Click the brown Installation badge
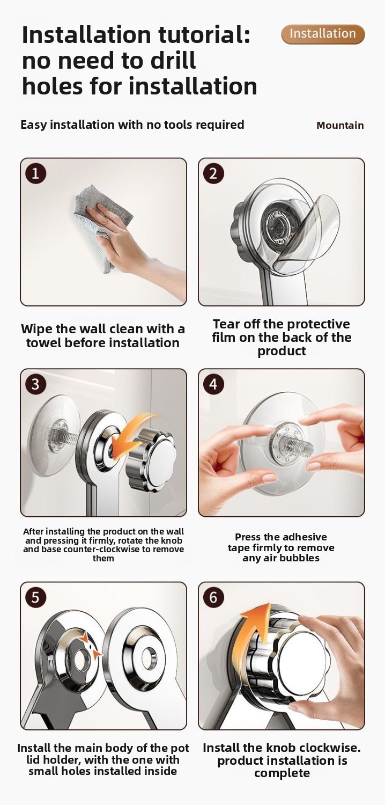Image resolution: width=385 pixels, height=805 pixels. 322,34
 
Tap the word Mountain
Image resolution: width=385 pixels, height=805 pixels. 340,126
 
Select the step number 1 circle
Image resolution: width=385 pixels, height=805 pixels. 35,173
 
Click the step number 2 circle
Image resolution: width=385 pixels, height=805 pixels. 213,173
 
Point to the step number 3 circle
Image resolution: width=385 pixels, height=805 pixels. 35,384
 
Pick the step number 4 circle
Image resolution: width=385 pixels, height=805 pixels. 213,384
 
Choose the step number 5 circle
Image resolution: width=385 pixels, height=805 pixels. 35,597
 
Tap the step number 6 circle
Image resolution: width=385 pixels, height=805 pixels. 213,597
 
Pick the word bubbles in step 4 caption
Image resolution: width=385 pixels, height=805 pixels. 300,558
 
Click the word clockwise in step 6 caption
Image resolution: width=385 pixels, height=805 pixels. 330,748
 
